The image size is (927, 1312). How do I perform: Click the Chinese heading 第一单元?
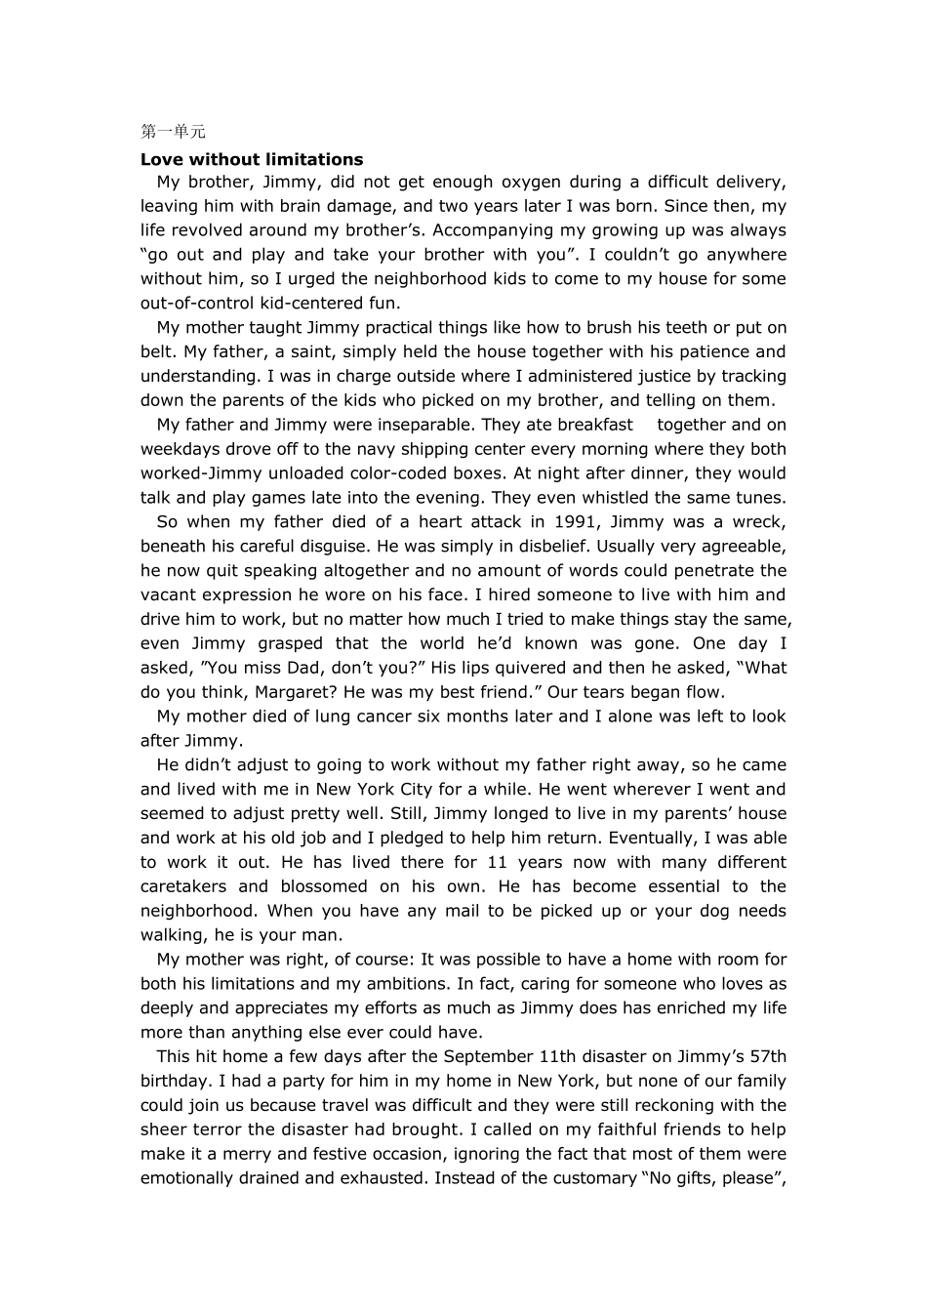(x=173, y=132)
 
